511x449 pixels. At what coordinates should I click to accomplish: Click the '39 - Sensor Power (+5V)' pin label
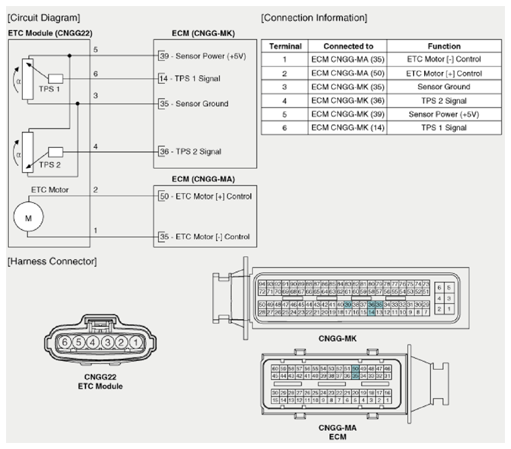(x=202, y=56)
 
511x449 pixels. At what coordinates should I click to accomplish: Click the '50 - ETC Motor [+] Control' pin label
(x=205, y=196)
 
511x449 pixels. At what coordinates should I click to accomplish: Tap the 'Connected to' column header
(x=348, y=46)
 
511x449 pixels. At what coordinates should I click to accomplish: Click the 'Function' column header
(x=444, y=46)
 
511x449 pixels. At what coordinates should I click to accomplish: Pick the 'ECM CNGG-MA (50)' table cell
(x=348, y=73)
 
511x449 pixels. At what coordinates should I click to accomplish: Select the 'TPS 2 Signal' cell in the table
(x=444, y=101)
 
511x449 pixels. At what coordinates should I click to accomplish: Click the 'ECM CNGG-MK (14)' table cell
(x=348, y=128)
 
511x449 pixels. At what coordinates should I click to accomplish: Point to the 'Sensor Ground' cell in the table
(x=444, y=87)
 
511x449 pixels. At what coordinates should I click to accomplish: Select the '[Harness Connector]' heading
(x=51, y=261)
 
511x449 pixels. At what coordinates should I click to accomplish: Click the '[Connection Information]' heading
(x=314, y=17)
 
